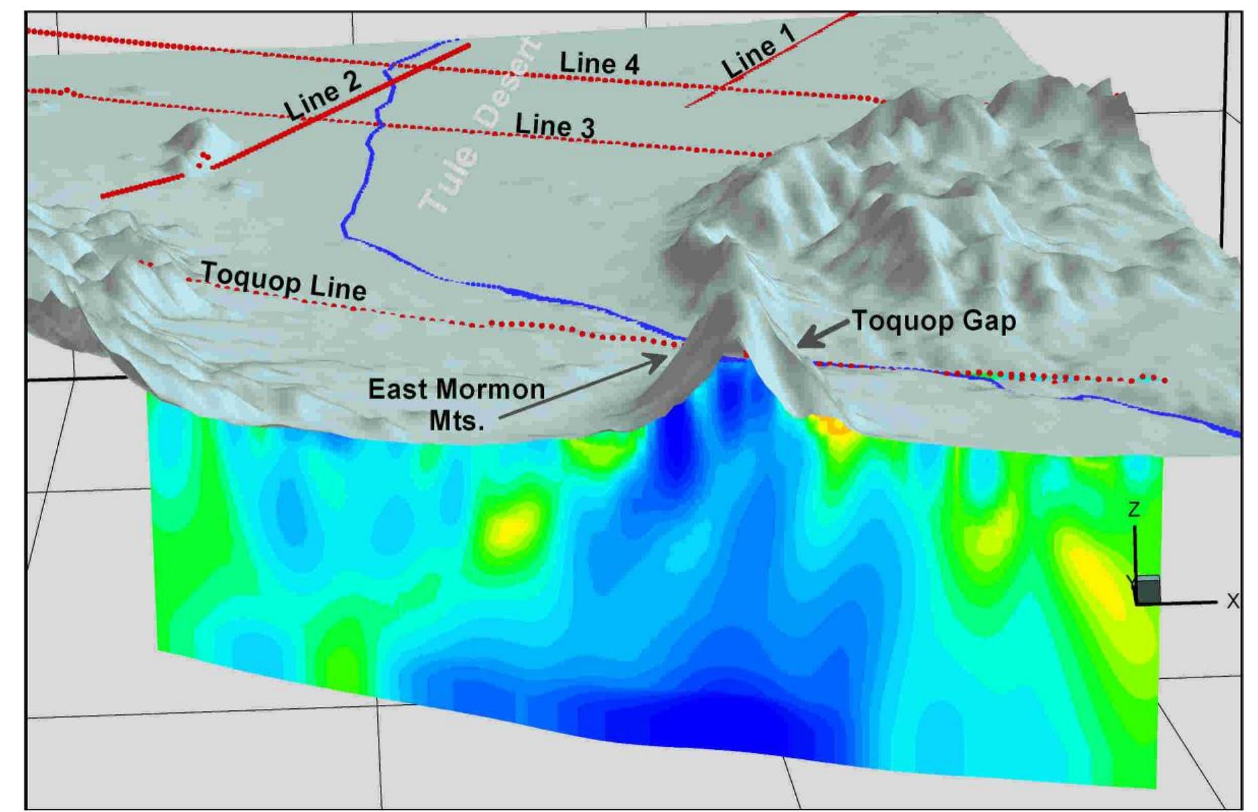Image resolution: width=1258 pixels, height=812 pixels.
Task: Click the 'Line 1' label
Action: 758,56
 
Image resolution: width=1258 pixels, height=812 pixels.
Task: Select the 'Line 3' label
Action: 555,126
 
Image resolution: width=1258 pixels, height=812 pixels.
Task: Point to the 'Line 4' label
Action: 599,64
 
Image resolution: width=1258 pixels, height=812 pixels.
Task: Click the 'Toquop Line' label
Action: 284,281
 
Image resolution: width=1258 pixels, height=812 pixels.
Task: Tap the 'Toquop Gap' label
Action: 934,320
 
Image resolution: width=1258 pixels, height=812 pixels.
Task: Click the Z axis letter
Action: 1135,509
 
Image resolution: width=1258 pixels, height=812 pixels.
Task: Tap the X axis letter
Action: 1233,601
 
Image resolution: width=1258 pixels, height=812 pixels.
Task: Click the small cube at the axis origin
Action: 1148,590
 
